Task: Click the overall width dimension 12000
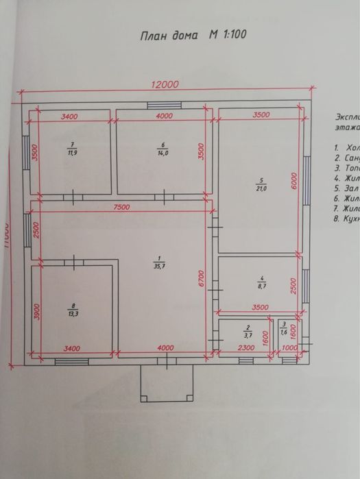pyautogui.click(x=165, y=84)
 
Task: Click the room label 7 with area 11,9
pyautogui.click(x=71, y=149)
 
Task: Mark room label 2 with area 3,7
pyautogui.click(x=248, y=332)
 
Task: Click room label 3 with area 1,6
pyautogui.click(x=283, y=328)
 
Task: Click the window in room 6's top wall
pyautogui.click(x=164, y=105)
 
